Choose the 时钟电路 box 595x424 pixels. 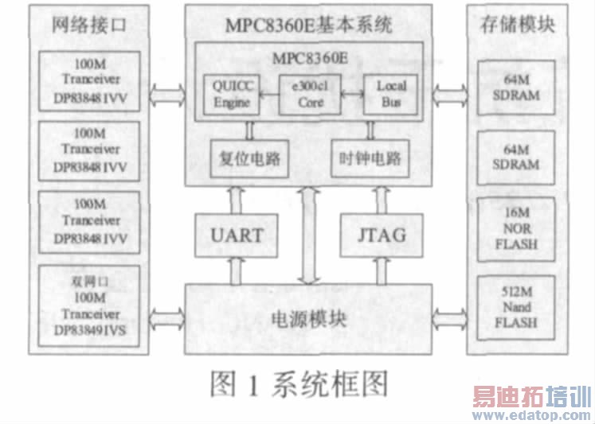[369, 159]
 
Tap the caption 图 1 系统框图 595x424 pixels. [298, 383]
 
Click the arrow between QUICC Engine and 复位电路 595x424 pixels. [249, 128]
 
